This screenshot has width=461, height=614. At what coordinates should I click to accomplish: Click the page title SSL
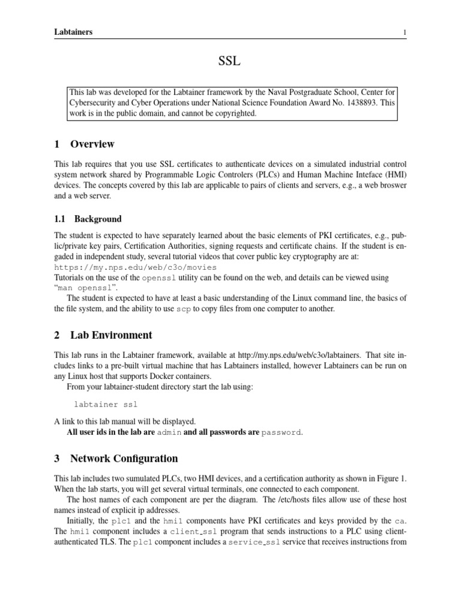point(230,62)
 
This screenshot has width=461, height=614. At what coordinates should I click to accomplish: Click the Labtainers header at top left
point(73,32)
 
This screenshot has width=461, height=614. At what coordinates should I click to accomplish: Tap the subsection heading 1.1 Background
point(88,219)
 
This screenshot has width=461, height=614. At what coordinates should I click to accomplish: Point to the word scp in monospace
point(183,309)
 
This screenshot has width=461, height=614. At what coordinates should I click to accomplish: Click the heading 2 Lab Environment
point(103,335)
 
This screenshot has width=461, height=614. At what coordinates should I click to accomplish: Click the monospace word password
point(282,432)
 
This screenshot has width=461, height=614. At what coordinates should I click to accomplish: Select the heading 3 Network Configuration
point(116,459)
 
